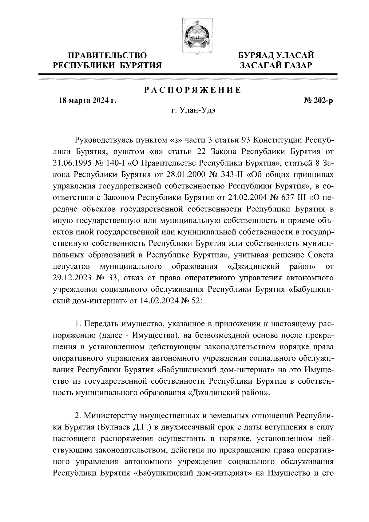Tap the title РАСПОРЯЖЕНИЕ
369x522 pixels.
pyautogui.click(x=193, y=90)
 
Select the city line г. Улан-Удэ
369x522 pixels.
pyautogui.click(x=193, y=110)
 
